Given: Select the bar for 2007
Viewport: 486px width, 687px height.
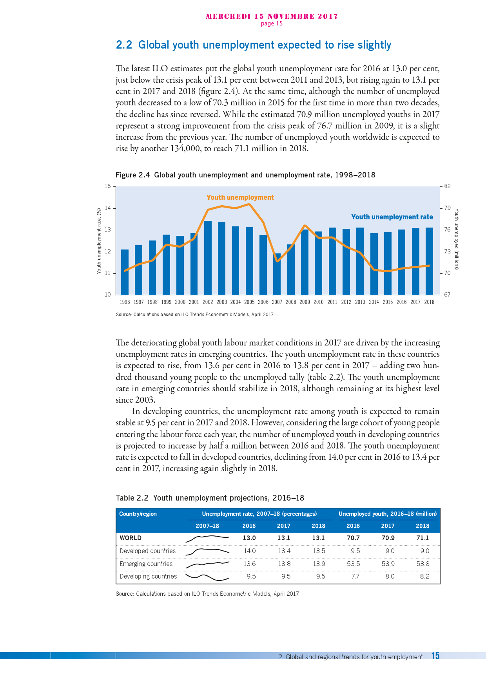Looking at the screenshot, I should coord(277,274).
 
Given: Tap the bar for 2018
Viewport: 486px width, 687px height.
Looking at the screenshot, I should coord(429,261).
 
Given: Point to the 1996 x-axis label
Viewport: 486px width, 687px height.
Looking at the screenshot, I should coord(125,302).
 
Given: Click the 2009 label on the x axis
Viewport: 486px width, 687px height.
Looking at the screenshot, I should coord(305,302).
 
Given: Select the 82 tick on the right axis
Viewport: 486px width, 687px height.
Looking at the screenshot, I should coord(447,186).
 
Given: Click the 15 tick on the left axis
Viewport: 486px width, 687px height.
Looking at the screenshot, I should coord(108,186).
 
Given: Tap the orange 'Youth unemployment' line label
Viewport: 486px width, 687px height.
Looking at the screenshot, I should coord(240,197).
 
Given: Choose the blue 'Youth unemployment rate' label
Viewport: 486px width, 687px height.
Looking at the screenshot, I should coord(392,217).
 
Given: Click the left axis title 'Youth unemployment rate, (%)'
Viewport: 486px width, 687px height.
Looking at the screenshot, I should coord(99,240).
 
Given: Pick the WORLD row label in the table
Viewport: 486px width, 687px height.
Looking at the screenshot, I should coord(131,538).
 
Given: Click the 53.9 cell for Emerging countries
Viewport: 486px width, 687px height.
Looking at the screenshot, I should coord(388,564).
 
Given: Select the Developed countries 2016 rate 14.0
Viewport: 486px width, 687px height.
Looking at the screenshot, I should coord(250,551).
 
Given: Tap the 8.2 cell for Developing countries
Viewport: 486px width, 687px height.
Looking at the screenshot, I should coord(424,576).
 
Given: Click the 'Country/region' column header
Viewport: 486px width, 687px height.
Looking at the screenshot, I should coord(138,514).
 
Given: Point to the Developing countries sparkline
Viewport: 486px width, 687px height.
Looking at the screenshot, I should coord(207,577).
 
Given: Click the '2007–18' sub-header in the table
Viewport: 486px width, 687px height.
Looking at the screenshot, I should coord(207,526).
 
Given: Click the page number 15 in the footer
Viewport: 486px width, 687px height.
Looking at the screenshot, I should coord(435,656).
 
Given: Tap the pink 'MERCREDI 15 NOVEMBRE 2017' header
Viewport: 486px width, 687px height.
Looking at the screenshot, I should coord(272,16).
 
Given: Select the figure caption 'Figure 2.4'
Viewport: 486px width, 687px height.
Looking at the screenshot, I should coord(132,175).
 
